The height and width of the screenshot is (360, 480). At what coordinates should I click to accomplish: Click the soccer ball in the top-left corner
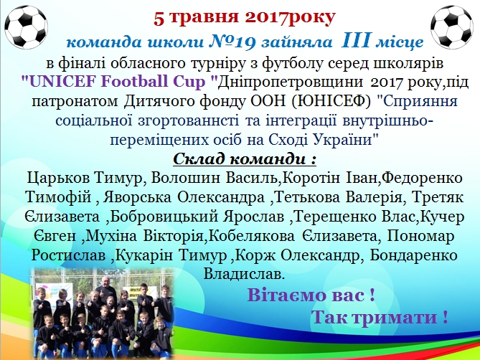tap(27, 27)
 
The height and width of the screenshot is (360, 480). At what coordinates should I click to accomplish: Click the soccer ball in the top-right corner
tap(451, 27)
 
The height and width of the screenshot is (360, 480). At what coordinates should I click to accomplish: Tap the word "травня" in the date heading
tap(204, 18)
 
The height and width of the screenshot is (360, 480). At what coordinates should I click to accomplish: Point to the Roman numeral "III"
tap(355, 40)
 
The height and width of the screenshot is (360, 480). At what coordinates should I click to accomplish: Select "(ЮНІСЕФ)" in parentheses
tap(331, 101)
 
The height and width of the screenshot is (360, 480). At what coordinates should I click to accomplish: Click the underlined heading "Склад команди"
tap(239, 159)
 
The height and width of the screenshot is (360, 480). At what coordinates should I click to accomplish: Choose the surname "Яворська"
tap(137, 197)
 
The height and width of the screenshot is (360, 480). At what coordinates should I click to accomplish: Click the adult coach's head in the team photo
tap(105, 281)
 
